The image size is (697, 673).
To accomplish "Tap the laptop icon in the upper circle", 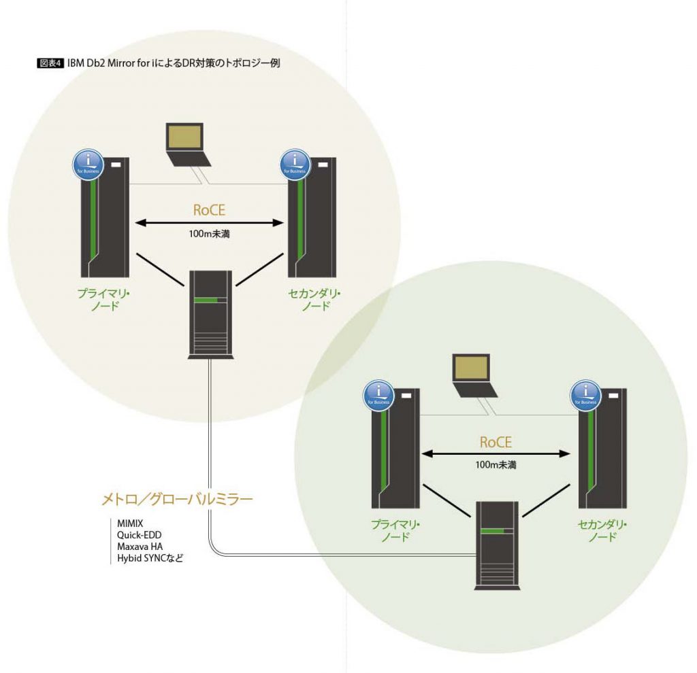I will tap(185, 143).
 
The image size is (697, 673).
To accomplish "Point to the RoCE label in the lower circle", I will tap(495, 442).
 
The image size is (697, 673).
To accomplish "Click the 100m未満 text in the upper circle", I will tap(209, 234).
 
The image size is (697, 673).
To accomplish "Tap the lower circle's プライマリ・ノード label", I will tap(395, 530).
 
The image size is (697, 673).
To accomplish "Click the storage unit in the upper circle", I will tap(210, 313).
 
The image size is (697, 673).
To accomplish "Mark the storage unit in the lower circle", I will tap(496, 544).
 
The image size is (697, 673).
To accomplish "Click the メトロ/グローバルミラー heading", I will tap(177, 500).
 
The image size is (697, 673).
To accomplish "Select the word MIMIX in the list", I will tap(131, 523).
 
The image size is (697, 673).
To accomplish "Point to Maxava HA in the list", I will tap(140, 547).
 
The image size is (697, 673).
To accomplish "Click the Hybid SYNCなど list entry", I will tap(150, 558).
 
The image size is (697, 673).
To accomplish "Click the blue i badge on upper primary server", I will tap(88, 164).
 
